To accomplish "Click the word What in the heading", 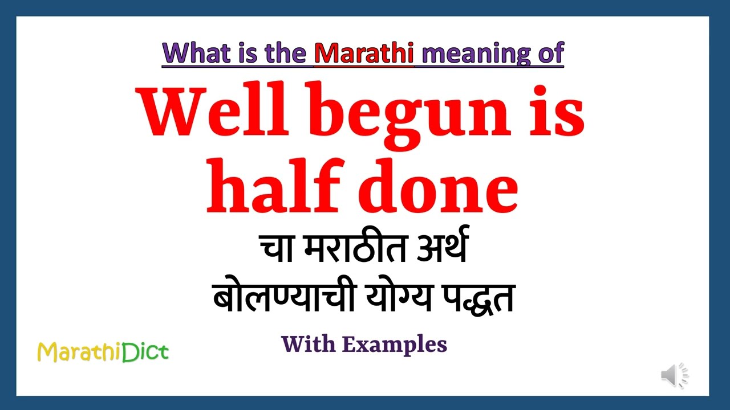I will pos(190,52).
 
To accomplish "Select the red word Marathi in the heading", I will pos(364,52).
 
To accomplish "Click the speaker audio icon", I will pos(674,375).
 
